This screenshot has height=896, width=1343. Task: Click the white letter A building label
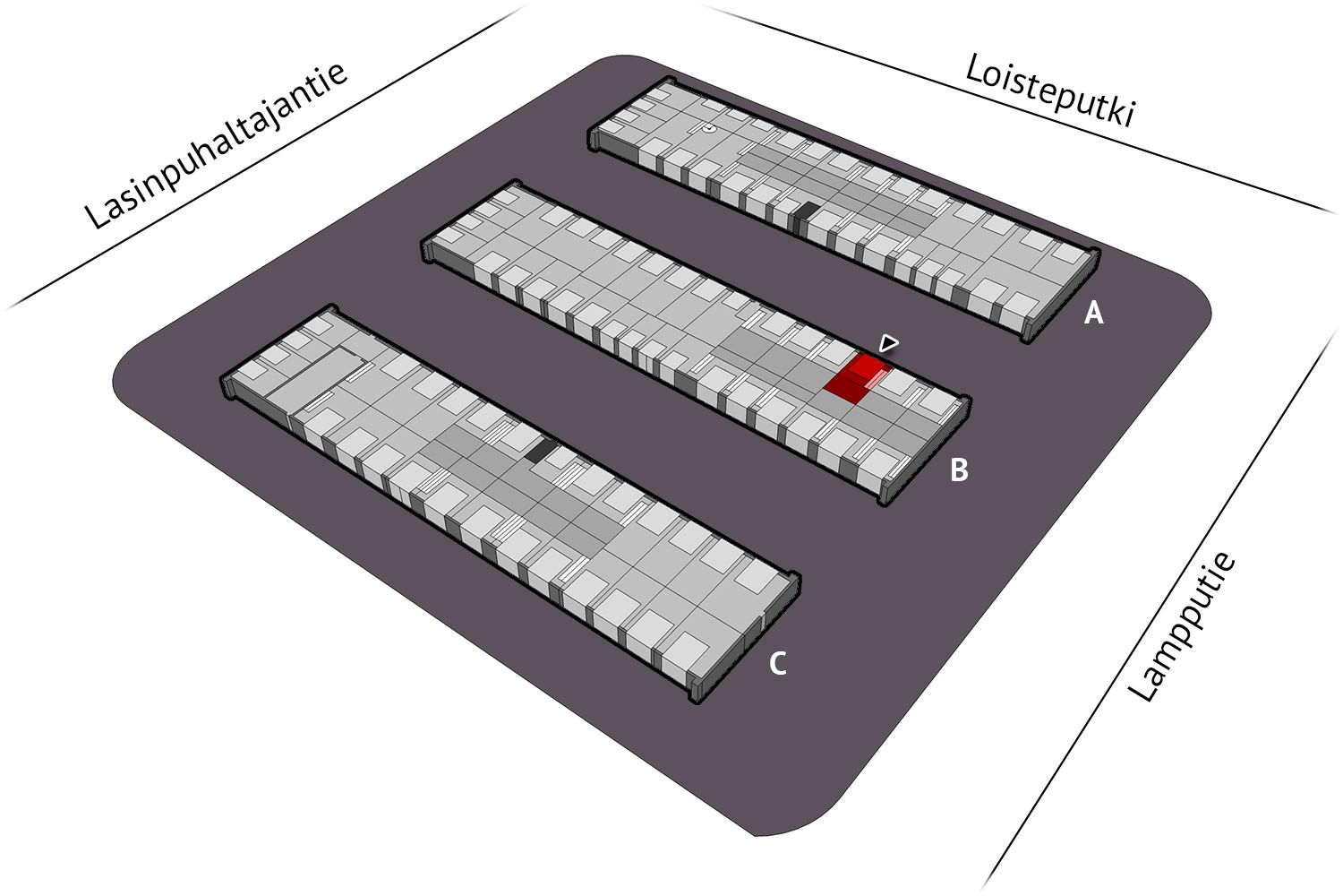point(1093,313)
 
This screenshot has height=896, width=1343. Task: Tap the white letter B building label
point(958,470)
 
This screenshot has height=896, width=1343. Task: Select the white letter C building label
point(778,664)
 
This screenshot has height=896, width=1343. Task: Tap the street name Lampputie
point(1182,626)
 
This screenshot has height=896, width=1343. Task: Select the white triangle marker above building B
point(888,342)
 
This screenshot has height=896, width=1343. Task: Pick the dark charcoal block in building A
point(805,213)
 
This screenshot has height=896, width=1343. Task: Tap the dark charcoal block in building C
point(537,450)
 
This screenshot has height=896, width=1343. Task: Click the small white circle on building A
point(709,130)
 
